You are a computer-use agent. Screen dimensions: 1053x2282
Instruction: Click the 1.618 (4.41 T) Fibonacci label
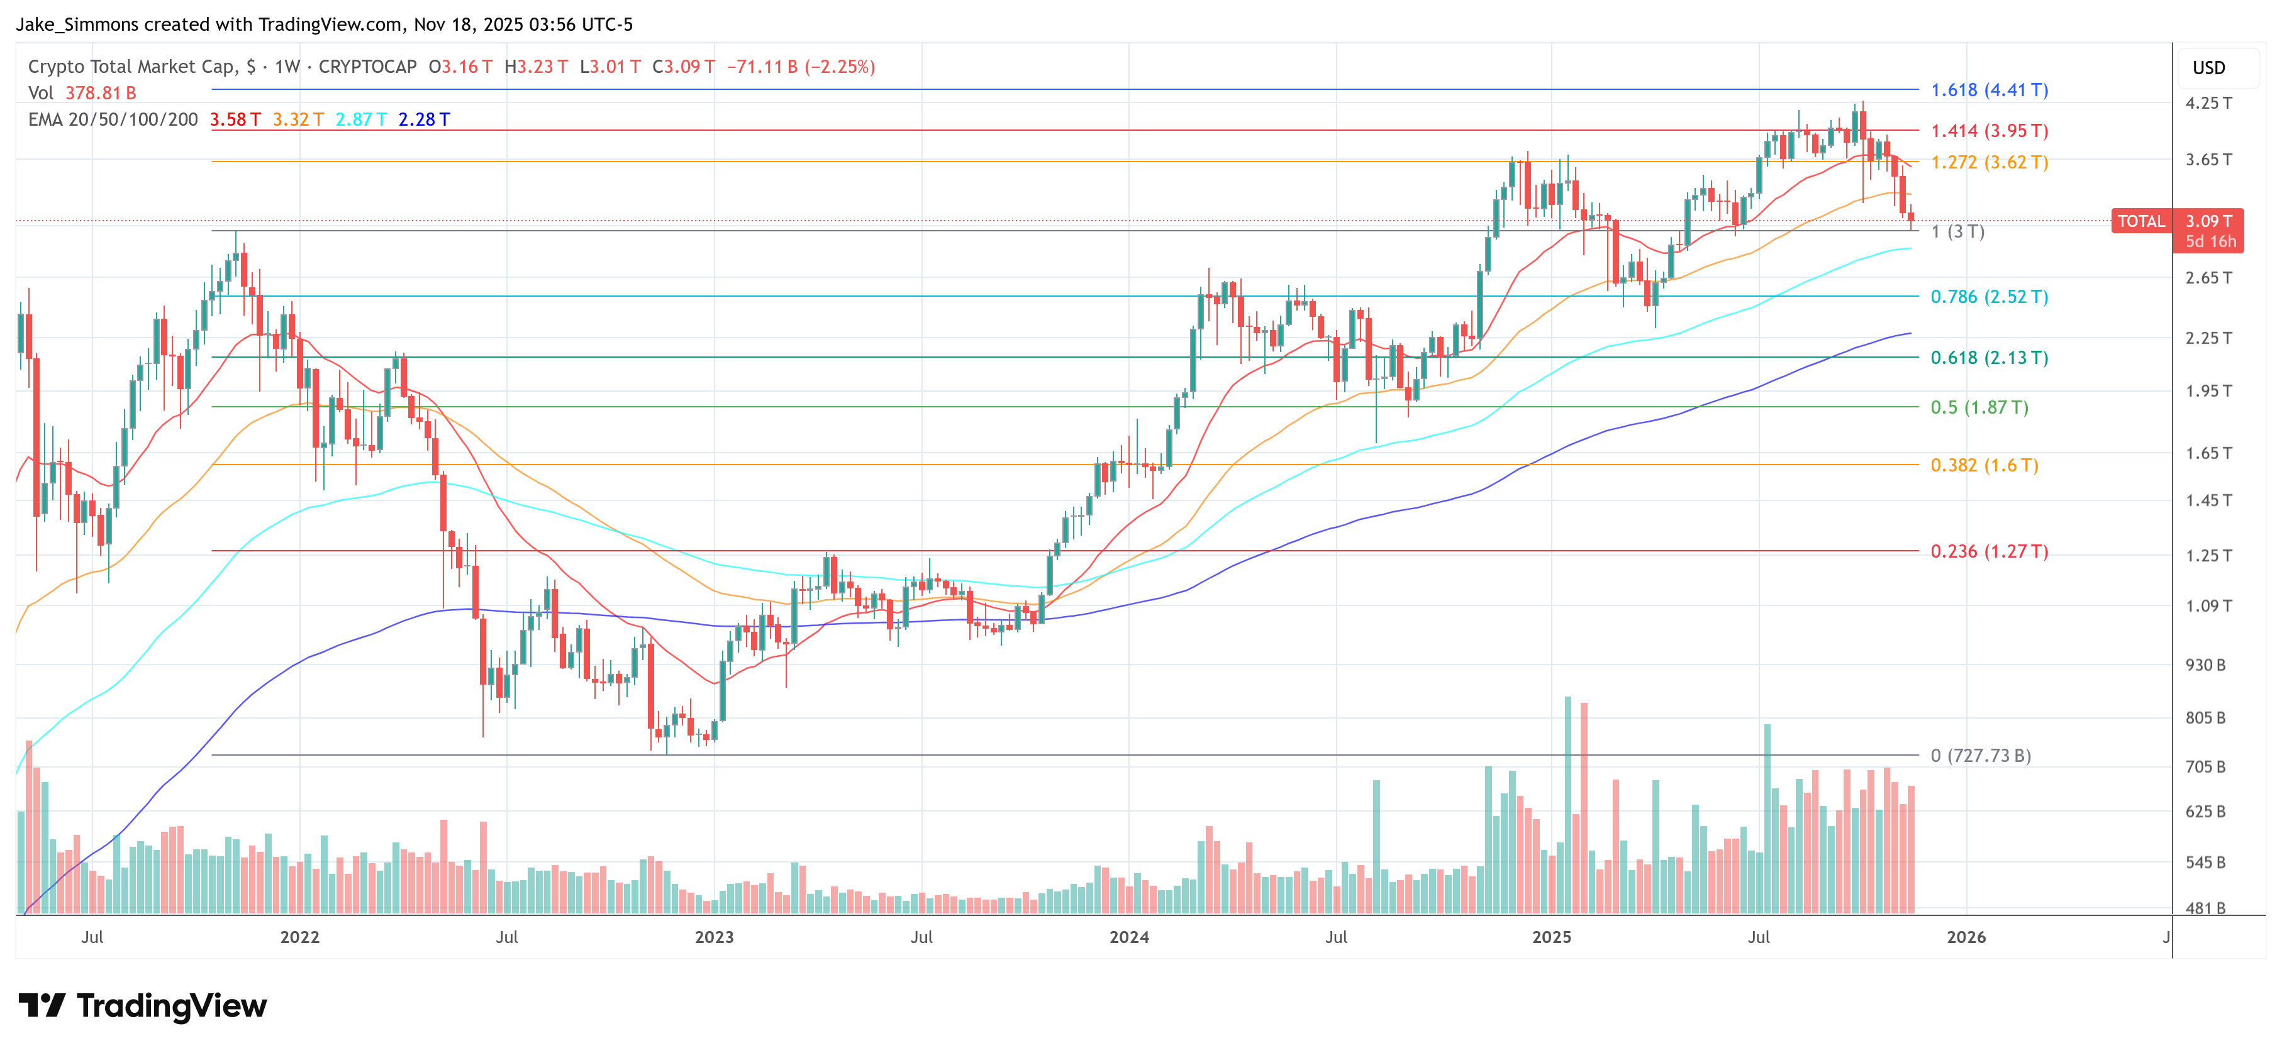click(x=1989, y=91)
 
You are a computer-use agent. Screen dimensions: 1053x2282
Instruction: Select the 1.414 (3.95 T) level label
click(x=1989, y=131)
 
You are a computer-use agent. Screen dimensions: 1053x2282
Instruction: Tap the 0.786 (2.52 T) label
click(x=1989, y=297)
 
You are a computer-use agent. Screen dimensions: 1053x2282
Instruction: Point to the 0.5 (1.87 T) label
click(x=1979, y=407)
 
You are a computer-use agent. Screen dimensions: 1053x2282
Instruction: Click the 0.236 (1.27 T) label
click(x=1989, y=552)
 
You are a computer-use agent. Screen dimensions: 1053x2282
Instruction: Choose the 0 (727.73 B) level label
click(x=1981, y=756)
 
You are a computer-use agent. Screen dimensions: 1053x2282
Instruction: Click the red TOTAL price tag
click(x=2140, y=221)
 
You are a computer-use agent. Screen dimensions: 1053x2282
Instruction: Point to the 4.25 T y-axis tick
click(x=2208, y=102)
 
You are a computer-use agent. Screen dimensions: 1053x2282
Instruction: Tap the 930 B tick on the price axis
click(x=2205, y=665)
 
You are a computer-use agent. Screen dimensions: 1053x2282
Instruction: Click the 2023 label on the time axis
click(x=714, y=937)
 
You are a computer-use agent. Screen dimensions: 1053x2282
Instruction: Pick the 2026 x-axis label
click(x=1966, y=937)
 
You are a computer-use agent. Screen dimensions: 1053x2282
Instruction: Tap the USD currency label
click(x=2208, y=68)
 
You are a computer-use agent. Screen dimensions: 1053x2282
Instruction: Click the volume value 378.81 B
click(x=100, y=93)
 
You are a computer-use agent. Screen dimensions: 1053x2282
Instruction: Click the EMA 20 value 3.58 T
click(x=235, y=119)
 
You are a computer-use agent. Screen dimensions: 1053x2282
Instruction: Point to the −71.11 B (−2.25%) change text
click(x=801, y=67)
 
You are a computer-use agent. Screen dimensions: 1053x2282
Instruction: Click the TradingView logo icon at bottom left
click(x=42, y=1006)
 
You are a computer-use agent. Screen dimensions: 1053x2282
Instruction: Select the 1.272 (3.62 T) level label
click(x=1989, y=163)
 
